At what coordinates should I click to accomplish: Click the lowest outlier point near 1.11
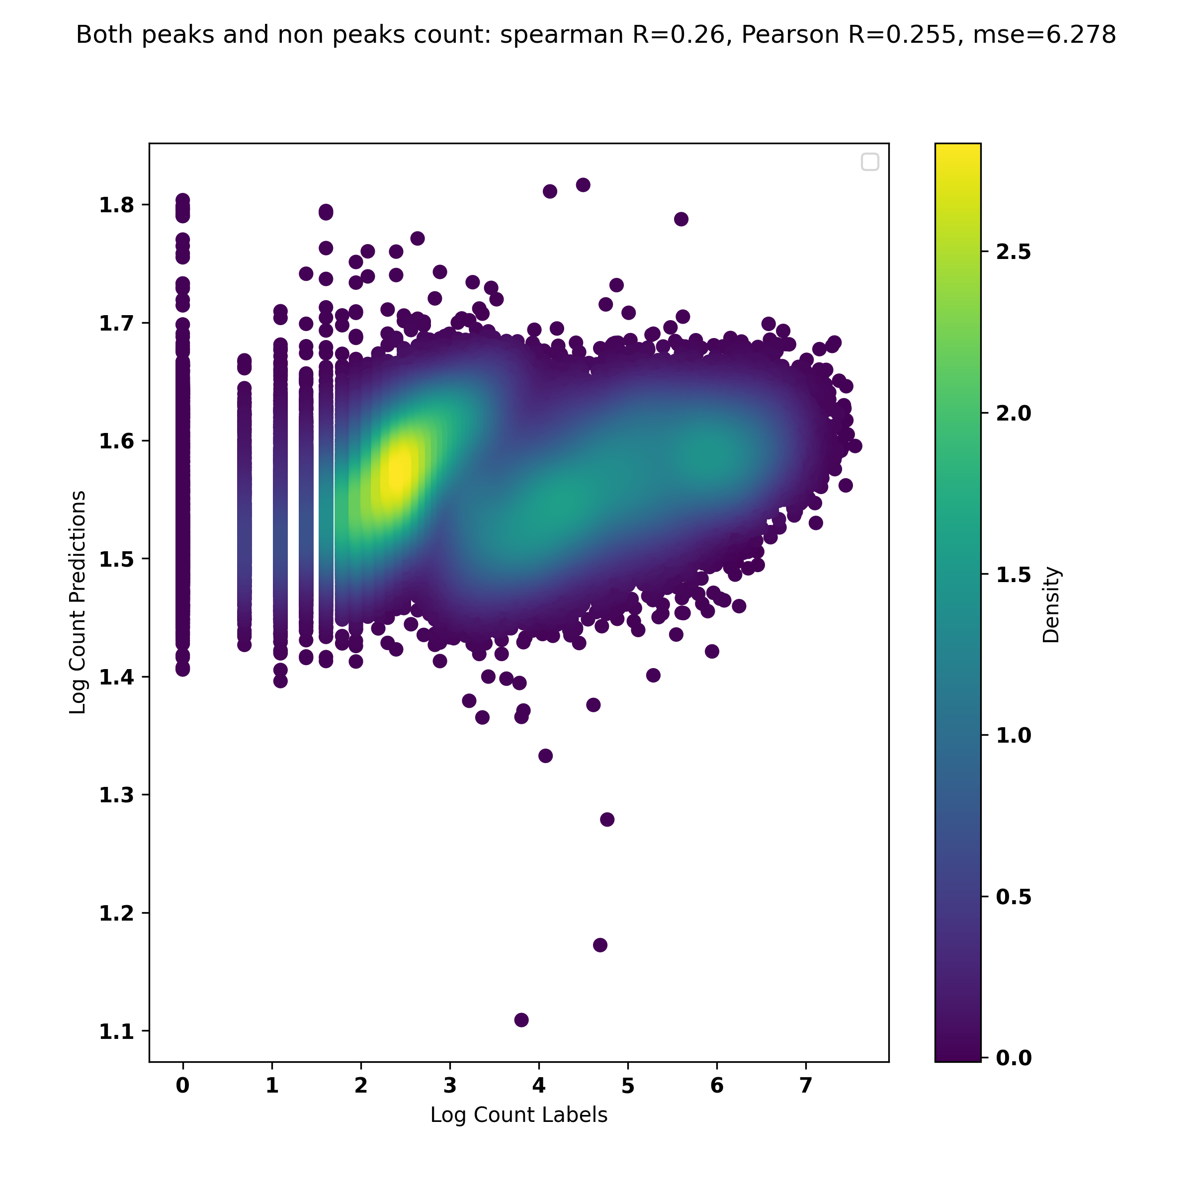pos(521,1020)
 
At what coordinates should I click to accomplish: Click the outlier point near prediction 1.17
pos(600,945)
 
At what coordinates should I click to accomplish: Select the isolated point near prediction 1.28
pos(607,819)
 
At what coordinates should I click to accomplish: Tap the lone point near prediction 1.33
pos(545,756)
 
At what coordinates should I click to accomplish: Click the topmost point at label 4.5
pos(583,184)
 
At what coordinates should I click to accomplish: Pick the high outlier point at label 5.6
pos(681,219)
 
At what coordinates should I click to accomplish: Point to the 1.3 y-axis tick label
pos(116,795)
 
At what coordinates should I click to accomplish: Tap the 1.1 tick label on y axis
pos(116,1032)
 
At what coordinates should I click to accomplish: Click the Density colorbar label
pos(1050,605)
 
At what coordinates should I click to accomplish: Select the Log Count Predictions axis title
pos(78,602)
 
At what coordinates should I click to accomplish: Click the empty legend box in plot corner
pos(869,162)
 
